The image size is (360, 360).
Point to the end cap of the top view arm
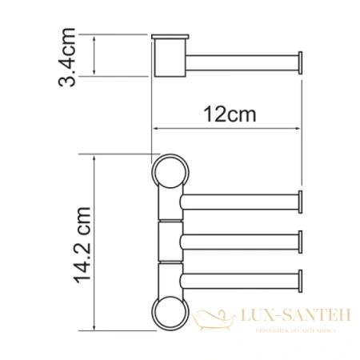pyautogui.click(x=301, y=62)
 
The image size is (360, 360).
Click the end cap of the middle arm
pyautogui.click(x=301, y=241)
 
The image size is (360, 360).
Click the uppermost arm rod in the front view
pyautogui.click(x=240, y=202)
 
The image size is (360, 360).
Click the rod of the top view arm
pyautogui.click(x=240, y=61)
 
